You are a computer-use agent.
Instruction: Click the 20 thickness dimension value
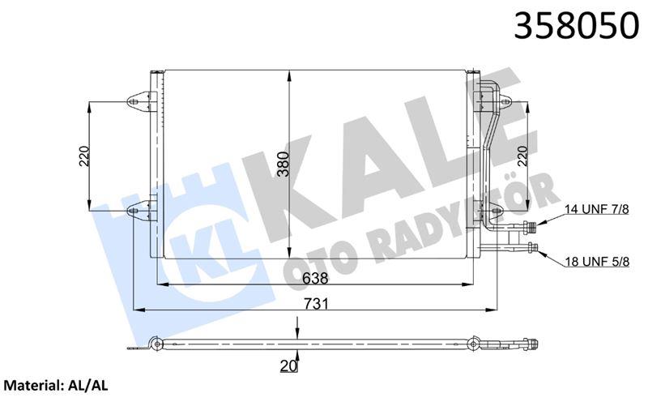point(288,366)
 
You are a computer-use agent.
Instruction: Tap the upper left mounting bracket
point(139,102)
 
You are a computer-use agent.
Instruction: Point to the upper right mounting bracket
point(503,103)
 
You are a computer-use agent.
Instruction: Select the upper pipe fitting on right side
point(530,227)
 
